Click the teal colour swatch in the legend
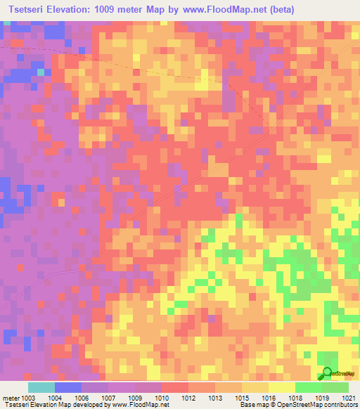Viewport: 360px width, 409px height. (x=41, y=387)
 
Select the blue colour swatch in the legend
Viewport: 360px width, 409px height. (x=68, y=387)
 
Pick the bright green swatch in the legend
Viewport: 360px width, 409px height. (x=308, y=387)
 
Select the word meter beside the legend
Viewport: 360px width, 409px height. (x=11, y=397)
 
